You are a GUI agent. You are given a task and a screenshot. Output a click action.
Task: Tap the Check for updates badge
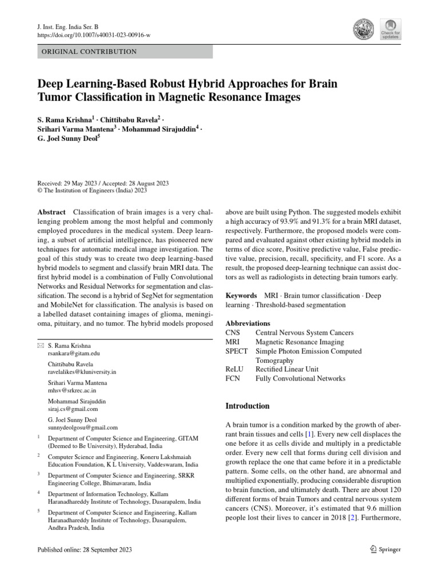(x=390, y=29)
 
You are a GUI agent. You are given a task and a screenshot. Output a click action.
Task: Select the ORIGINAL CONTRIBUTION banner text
(x=87, y=52)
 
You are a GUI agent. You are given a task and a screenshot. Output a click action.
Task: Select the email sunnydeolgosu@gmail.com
(x=82, y=427)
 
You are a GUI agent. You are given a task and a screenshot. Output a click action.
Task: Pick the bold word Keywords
(x=241, y=295)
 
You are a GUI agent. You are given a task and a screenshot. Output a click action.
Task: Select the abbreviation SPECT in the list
(x=237, y=351)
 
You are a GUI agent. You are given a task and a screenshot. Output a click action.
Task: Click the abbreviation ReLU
(x=235, y=369)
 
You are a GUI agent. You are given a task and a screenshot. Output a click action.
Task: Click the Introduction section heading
(x=247, y=406)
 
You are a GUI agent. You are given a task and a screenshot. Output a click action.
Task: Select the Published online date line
(x=84, y=550)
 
